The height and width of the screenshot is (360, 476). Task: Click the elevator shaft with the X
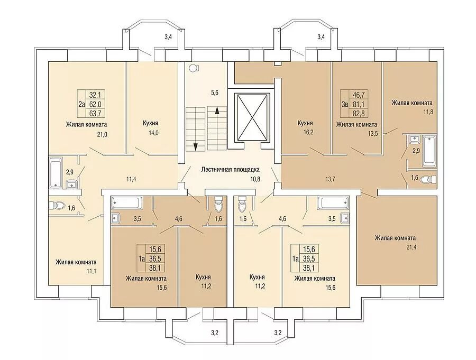point(252,117)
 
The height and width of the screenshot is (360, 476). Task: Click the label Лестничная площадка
point(231,170)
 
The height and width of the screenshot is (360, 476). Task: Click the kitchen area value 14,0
point(153,133)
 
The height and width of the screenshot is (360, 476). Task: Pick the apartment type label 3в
point(344,105)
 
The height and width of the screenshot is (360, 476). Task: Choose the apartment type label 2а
point(81,105)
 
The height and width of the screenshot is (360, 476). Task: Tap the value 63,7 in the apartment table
point(95,114)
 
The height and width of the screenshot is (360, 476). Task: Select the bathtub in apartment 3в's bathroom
point(429,151)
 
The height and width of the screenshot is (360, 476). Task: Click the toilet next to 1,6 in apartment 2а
point(57,206)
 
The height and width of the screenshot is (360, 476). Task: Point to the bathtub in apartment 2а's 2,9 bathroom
point(56,172)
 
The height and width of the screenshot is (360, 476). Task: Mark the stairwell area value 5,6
point(215,93)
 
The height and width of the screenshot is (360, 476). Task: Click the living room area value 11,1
point(91,271)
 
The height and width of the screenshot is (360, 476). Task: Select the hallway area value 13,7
point(329,179)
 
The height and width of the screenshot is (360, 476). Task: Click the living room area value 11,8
point(428,112)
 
